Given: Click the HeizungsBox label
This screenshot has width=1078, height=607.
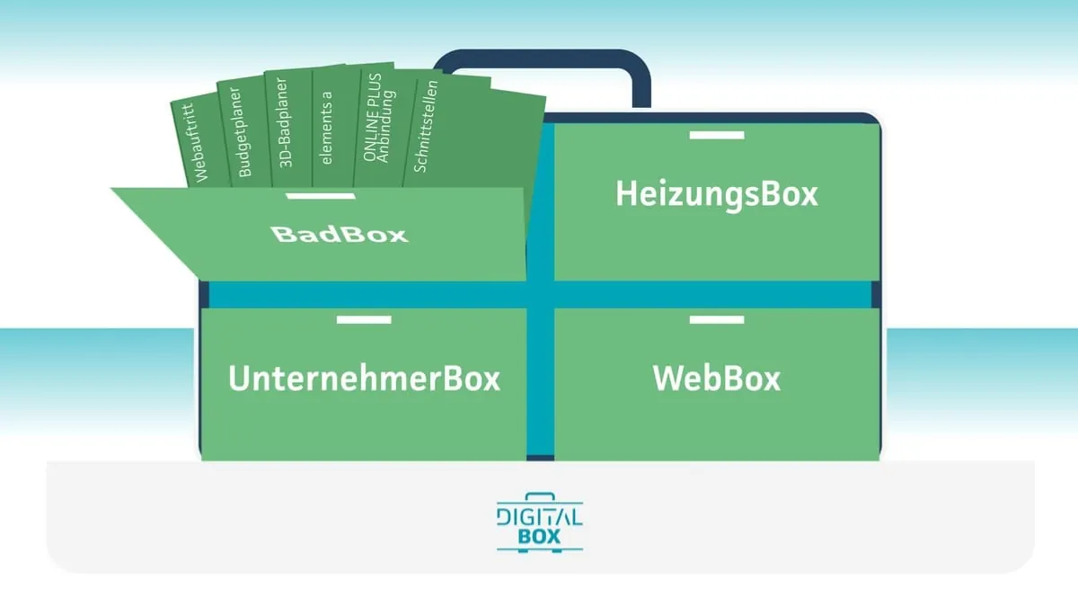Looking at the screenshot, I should point(717,193).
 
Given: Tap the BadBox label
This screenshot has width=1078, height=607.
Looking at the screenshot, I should point(340,235).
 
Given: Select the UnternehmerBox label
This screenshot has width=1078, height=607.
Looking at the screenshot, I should point(364,379).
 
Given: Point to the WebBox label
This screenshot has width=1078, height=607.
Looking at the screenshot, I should point(717,379).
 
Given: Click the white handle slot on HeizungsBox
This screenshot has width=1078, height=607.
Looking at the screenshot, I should point(717,135).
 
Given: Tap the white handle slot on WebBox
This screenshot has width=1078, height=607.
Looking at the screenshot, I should point(717,319).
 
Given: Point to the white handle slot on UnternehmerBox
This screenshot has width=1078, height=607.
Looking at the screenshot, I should point(364,319).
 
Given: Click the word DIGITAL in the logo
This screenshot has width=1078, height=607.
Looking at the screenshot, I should point(539,516).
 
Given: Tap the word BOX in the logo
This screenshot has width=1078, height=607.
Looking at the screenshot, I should point(539,537).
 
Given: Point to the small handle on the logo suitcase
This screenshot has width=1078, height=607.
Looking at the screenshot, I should point(539,495).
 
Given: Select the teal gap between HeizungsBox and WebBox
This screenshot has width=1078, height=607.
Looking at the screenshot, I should point(717,294).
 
